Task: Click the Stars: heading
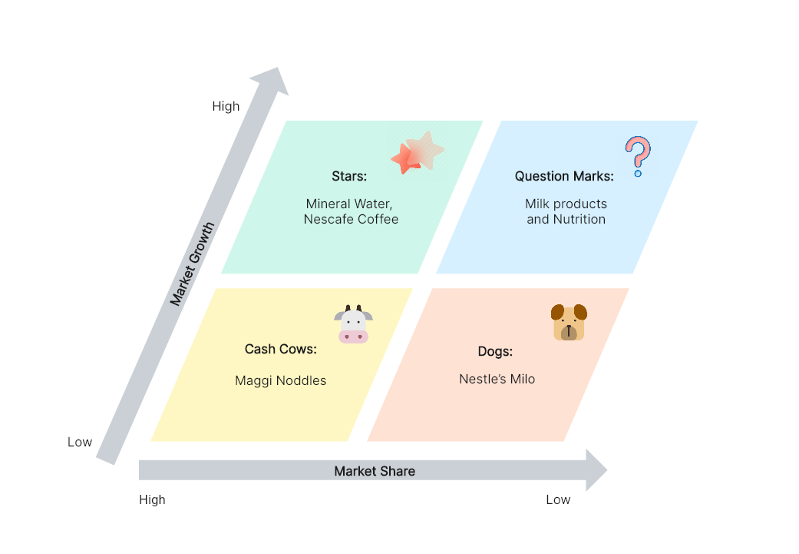click(x=349, y=177)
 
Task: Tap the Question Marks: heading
click(x=564, y=177)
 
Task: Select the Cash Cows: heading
click(x=281, y=350)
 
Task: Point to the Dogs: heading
click(x=495, y=352)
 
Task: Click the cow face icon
click(x=353, y=324)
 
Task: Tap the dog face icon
click(x=569, y=323)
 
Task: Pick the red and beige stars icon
click(x=418, y=152)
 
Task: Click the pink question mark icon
click(x=638, y=156)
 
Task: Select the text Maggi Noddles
click(x=281, y=381)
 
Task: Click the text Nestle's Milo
click(x=497, y=379)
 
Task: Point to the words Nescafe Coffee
click(x=351, y=219)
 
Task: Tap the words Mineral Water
click(x=348, y=204)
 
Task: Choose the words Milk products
click(x=566, y=204)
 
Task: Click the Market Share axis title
click(x=375, y=471)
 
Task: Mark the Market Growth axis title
click(x=192, y=264)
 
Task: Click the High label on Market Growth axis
click(x=226, y=106)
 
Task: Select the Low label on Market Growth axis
click(x=80, y=443)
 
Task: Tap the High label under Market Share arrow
click(x=153, y=500)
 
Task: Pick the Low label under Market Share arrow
click(x=558, y=500)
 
